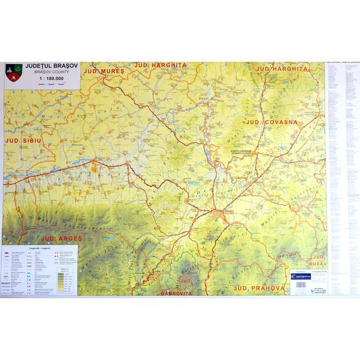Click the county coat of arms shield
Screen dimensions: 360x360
click(x=13, y=73)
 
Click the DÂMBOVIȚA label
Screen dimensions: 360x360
click(x=181, y=293)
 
